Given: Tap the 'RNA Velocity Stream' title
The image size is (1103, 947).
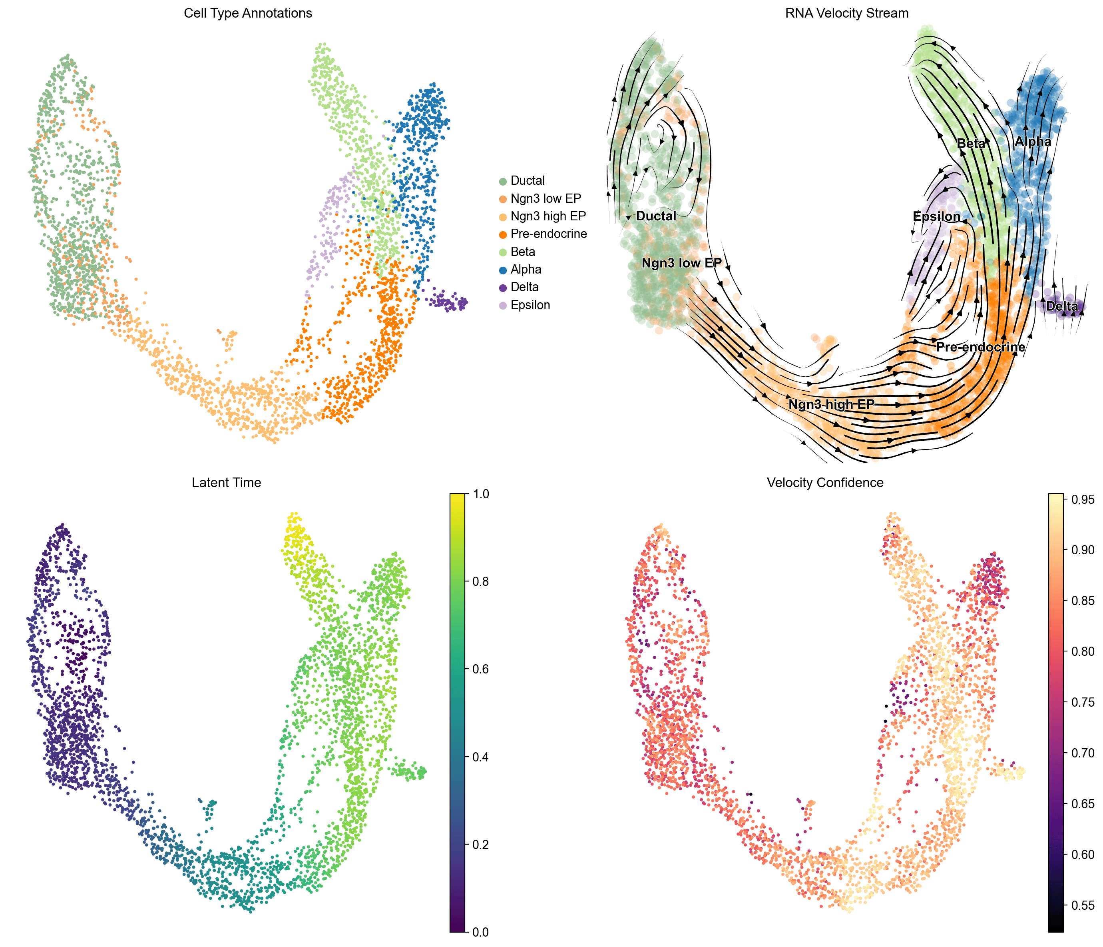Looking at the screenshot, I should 846,13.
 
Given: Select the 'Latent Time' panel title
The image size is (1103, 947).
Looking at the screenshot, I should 226,483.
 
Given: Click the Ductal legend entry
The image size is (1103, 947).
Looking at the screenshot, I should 527,180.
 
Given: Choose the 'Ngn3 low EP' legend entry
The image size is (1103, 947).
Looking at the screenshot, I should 545,199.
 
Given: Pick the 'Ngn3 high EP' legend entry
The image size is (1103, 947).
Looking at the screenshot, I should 548,216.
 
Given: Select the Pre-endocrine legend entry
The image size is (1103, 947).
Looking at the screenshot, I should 548,234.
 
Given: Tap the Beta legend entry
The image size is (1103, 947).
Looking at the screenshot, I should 522,252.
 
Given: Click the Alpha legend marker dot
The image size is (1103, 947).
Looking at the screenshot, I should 502,270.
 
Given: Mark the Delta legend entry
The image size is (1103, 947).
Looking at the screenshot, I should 524,287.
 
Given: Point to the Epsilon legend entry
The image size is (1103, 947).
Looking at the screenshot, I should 530,305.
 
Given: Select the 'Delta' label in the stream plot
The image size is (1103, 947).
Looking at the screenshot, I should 1061,306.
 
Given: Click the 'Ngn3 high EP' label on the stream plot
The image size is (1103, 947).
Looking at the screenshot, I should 831,404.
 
